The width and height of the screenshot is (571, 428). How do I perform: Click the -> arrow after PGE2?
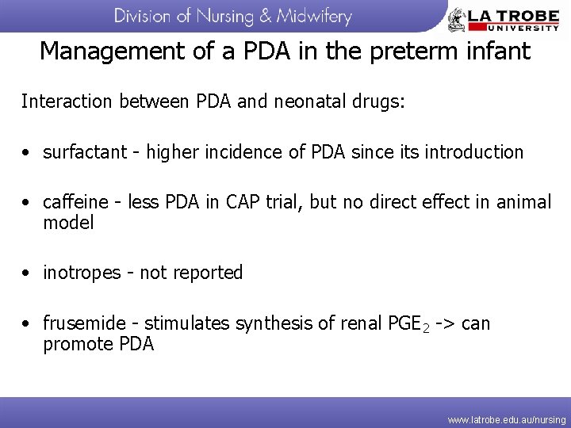pyautogui.click(x=444, y=324)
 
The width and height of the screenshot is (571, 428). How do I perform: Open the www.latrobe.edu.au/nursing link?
pyautogui.click(x=507, y=418)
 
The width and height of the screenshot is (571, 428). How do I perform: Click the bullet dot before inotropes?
pyautogui.click(x=27, y=273)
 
